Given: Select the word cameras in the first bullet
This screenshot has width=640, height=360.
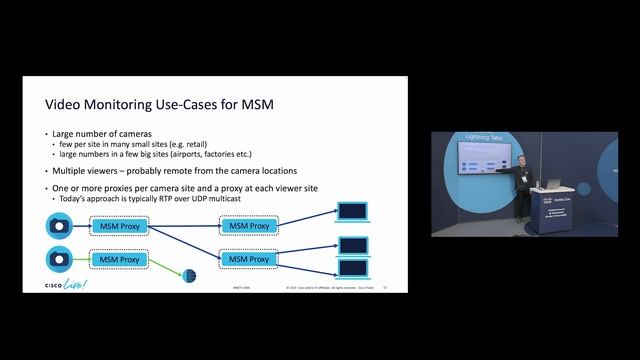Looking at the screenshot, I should click(127, 134).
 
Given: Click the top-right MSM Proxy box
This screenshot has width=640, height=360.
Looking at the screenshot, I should click(249, 227).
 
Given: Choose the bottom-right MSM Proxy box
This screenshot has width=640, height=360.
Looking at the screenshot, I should click(249, 259).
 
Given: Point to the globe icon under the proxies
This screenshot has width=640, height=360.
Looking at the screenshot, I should click(190, 275).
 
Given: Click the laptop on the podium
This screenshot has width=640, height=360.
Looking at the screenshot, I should click(552, 185).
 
